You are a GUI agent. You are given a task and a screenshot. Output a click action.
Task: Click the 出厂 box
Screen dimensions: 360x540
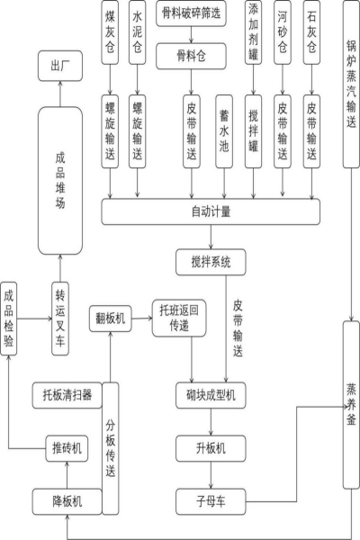(60, 66)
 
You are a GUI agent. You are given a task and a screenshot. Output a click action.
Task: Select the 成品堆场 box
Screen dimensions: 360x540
(60, 181)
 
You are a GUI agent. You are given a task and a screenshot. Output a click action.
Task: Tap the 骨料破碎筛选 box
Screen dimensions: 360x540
(191, 13)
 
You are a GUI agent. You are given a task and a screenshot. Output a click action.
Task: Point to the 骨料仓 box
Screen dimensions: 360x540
(191, 56)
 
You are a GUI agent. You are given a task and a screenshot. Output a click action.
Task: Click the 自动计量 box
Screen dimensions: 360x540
(211, 211)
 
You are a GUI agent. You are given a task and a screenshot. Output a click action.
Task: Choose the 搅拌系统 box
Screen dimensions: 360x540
(211, 263)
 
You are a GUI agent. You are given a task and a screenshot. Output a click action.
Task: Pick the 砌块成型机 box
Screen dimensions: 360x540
(211, 395)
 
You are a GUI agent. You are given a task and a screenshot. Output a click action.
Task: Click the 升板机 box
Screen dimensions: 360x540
(211, 448)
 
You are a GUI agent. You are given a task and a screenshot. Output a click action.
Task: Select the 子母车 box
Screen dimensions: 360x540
(211, 501)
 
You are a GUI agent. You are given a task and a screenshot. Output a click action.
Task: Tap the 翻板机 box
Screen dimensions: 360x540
(110, 319)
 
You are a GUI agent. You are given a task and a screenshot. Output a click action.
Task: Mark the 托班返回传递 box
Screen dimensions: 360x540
(179, 319)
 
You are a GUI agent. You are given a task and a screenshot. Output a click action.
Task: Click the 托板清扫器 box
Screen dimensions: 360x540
(67, 395)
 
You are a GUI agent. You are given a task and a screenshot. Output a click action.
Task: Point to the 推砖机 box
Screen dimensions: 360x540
(67, 448)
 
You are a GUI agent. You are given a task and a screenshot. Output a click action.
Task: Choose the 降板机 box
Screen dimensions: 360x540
(67, 501)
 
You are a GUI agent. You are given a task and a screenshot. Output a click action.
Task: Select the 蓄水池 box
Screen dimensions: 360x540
(224, 131)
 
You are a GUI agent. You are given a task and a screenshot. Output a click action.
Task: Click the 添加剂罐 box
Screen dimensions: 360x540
(253, 32)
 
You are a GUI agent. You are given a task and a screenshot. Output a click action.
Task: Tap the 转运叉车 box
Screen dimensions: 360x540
(60, 319)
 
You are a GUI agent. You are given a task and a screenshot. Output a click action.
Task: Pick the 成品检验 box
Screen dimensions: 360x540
(9, 319)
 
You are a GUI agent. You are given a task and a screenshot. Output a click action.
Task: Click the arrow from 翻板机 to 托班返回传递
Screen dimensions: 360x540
(142, 319)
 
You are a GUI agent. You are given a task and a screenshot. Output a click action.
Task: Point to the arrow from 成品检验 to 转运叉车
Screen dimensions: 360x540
(34, 319)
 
